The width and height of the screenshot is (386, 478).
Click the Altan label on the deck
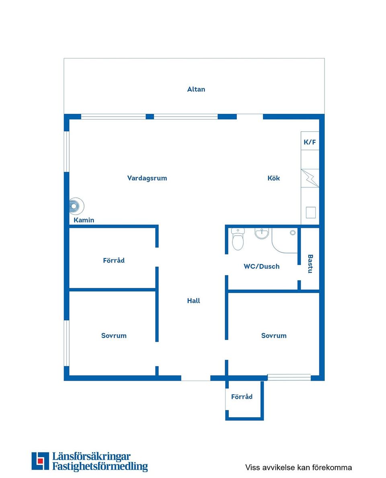[196, 89]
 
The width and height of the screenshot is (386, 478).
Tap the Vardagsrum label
[147, 178]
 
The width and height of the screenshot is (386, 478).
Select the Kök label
[273, 178]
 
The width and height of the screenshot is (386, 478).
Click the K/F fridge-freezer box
[310, 141]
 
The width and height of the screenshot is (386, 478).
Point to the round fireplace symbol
[76, 206]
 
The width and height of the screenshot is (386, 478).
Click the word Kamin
[84, 220]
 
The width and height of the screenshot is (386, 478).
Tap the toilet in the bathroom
[238, 239]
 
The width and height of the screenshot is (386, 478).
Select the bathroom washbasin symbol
[262, 233]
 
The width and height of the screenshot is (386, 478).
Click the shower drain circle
[293, 233]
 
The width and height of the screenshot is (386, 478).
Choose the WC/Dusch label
[262, 267]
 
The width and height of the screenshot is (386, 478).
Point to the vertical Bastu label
[310, 264]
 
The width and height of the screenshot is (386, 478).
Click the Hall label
[194, 301]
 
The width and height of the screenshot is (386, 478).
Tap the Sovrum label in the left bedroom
[114, 336]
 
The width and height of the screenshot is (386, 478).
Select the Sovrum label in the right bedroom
[274, 336]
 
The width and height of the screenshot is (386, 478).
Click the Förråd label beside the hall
[114, 261]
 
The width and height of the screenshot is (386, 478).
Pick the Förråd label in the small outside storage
[242, 397]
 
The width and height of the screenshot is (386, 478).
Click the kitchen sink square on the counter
[311, 213]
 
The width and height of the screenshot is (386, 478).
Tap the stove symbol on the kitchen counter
[310, 178]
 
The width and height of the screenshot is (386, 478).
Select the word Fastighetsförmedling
[100, 466]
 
